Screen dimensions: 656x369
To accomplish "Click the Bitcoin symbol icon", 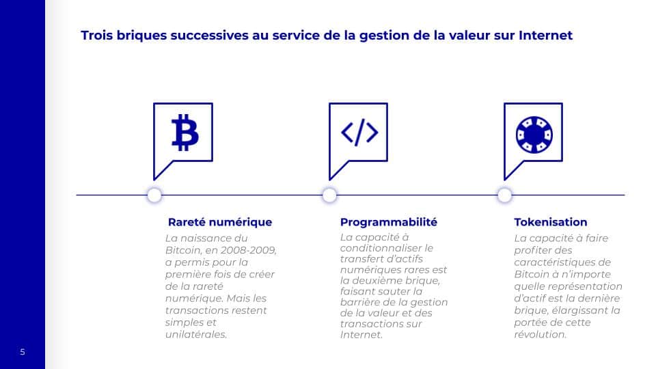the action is (x=185, y=132).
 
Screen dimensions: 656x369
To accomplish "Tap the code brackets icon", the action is (x=359, y=132).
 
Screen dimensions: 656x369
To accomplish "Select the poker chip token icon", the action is (x=534, y=135).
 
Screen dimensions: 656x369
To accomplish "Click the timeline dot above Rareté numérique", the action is (x=154, y=195).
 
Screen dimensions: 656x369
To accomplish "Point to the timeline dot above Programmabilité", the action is (x=329, y=195).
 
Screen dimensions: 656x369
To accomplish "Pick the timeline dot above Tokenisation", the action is (x=504, y=195).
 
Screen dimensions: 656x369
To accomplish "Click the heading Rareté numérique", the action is (x=220, y=222).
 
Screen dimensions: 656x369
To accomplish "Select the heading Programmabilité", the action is (x=389, y=222).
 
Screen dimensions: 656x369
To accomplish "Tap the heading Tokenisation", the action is (x=551, y=222).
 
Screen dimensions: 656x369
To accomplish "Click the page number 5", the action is (x=23, y=352).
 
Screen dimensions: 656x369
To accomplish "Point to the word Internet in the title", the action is (x=545, y=35).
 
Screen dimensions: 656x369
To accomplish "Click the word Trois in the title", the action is (x=96, y=35).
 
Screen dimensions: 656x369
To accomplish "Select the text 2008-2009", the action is (x=248, y=250).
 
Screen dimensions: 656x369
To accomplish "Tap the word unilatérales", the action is (x=196, y=334).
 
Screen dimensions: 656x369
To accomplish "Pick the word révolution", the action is (x=540, y=334).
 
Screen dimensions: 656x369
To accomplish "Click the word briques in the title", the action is (x=141, y=36).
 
